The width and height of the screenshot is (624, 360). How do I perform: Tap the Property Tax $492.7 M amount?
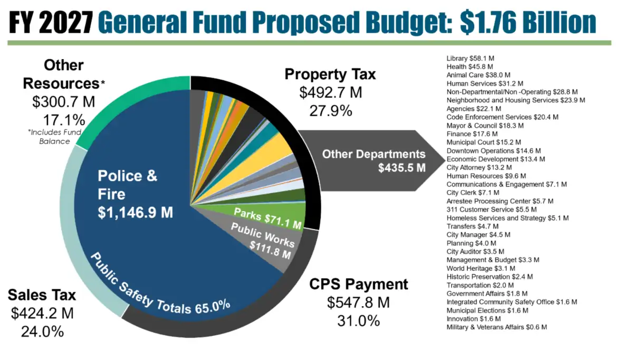(331, 92)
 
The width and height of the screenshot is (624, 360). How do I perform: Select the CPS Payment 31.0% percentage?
(359, 320)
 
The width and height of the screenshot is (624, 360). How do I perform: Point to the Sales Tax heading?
(42, 295)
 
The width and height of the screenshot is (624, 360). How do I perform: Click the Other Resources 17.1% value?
(64, 120)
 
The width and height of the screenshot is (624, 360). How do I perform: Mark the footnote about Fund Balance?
(55, 137)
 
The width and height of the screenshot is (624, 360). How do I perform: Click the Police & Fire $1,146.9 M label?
(136, 194)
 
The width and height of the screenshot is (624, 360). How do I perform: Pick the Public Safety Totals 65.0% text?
(159, 285)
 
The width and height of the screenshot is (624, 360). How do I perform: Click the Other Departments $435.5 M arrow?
(372, 160)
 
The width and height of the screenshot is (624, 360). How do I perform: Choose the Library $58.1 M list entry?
(471, 59)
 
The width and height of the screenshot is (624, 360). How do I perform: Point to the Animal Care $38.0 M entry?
(478, 75)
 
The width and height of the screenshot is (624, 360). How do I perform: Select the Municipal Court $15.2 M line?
(484, 142)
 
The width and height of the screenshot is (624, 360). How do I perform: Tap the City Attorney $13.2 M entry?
(479, 168)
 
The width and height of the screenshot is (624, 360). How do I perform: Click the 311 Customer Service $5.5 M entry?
(492, 210)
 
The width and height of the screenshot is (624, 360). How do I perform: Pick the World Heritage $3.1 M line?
(481, 268)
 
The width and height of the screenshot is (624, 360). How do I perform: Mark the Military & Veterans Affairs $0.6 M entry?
(497, 327)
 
